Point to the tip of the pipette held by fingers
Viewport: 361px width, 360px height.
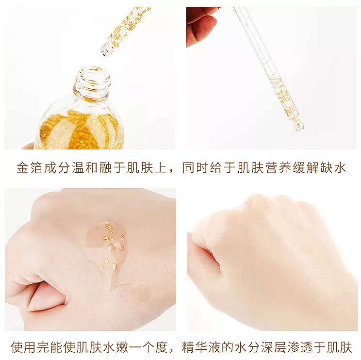click(x=299, y=126)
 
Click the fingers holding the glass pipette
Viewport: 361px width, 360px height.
click(x=201, y=26)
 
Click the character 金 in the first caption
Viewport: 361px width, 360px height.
click(x=23, y=167)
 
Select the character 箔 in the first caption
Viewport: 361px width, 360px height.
click(x=37, y=167)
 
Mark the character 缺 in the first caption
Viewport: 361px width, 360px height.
click(x=327, y=167)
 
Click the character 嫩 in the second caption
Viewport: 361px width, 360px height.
click(x=122, y=347)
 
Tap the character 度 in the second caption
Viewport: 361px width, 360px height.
click(x=161, y=347)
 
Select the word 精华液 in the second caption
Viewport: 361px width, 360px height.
click(x=201, y=347)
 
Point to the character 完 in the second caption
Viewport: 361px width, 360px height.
click(x=43, y=347)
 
